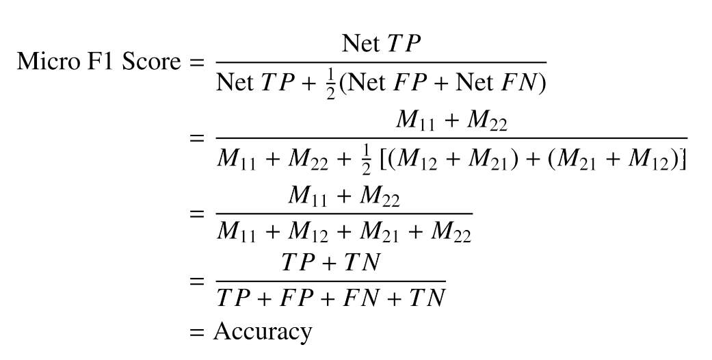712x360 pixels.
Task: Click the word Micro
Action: coord(44,62)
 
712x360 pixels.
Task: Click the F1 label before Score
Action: coord(104,62)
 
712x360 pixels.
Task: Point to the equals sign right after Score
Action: coord(196,62)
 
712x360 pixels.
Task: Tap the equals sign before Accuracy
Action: coord(198,333)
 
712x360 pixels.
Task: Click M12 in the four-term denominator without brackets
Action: coord(306,231)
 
